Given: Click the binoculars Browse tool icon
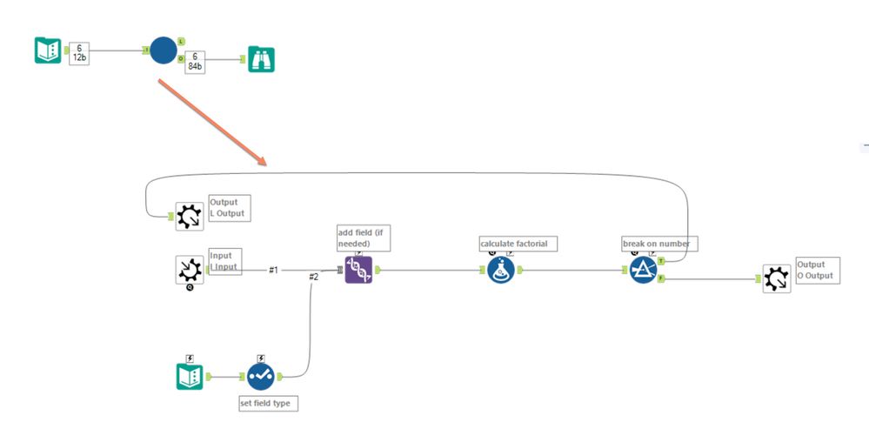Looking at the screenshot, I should [261, 59].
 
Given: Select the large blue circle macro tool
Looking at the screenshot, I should [163, 50].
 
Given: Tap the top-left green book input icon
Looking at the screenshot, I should [48, 50].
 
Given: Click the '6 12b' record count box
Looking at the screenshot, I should [81, 51].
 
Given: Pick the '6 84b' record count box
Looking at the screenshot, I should [195, 62].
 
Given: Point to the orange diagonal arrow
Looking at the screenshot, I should [211, 120].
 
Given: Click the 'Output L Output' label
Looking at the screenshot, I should [229, 208].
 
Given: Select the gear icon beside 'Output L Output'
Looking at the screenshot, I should [190, 216].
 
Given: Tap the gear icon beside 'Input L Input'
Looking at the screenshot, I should [190, 270].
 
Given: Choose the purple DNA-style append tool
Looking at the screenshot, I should [358, 270].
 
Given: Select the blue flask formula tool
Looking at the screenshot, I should [500, 270].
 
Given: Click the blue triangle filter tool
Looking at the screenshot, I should [644, 270].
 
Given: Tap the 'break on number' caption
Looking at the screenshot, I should [658, 244].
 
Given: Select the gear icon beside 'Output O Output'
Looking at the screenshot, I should [777, 278].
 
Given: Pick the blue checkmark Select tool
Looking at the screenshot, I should [260, 376].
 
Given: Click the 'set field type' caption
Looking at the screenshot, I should [269, 403].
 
